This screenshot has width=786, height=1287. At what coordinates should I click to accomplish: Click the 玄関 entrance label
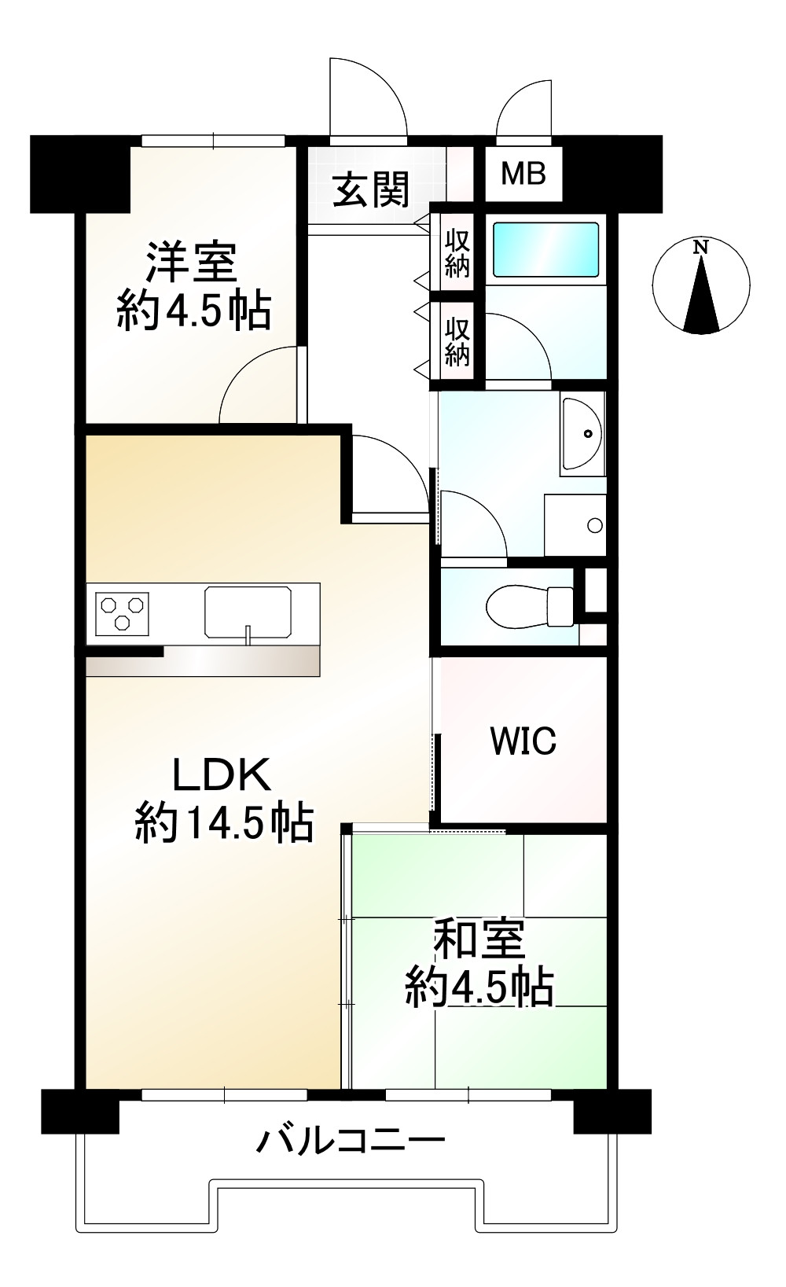[x=371, y=190]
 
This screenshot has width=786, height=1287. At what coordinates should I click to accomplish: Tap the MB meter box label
[x=523, y=173]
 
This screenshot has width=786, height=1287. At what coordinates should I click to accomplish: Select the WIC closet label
[x=523, y=741]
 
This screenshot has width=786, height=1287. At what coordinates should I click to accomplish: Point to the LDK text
[x=222, y=774]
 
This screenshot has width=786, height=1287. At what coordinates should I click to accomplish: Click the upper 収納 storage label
[x=457, y=253]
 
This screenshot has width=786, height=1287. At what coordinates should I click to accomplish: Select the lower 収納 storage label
[x=457, y=343]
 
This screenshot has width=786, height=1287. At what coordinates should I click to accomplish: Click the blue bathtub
[x=545, y=249]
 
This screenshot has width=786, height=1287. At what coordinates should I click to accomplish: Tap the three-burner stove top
[x=122, y=612]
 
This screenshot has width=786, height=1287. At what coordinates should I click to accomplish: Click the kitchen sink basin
[x=248, y=611]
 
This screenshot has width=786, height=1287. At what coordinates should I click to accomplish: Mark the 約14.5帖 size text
[x=224, y=823]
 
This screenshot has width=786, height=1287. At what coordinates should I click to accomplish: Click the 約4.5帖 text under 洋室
[x=193, y=311]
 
